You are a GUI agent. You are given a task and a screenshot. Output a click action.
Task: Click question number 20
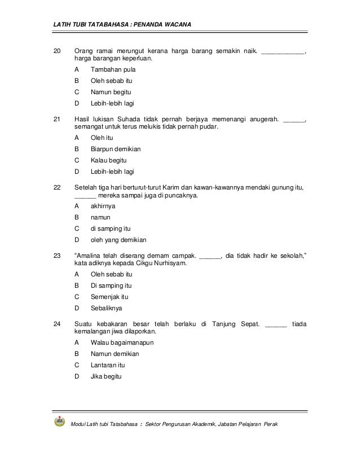pos(56,52)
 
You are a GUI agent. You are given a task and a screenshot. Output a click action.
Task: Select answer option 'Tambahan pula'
pos(113,69)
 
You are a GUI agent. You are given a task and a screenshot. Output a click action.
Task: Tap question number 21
pos(56,120)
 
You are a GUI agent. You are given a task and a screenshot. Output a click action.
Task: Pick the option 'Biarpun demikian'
pos(116,150)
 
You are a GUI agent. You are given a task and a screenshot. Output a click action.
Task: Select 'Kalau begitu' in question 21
pos(109,161)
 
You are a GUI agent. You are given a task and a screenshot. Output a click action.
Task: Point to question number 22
pos(56,188)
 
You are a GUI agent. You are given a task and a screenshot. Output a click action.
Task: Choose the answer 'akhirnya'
pos(103,206)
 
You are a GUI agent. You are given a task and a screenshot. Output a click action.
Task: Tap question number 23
pos(56,256)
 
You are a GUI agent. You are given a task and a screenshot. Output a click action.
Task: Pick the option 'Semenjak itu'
pos(109,297)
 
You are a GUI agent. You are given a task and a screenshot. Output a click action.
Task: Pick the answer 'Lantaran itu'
pos(108,365)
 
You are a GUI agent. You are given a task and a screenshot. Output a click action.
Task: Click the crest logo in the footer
pos(59,422)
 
